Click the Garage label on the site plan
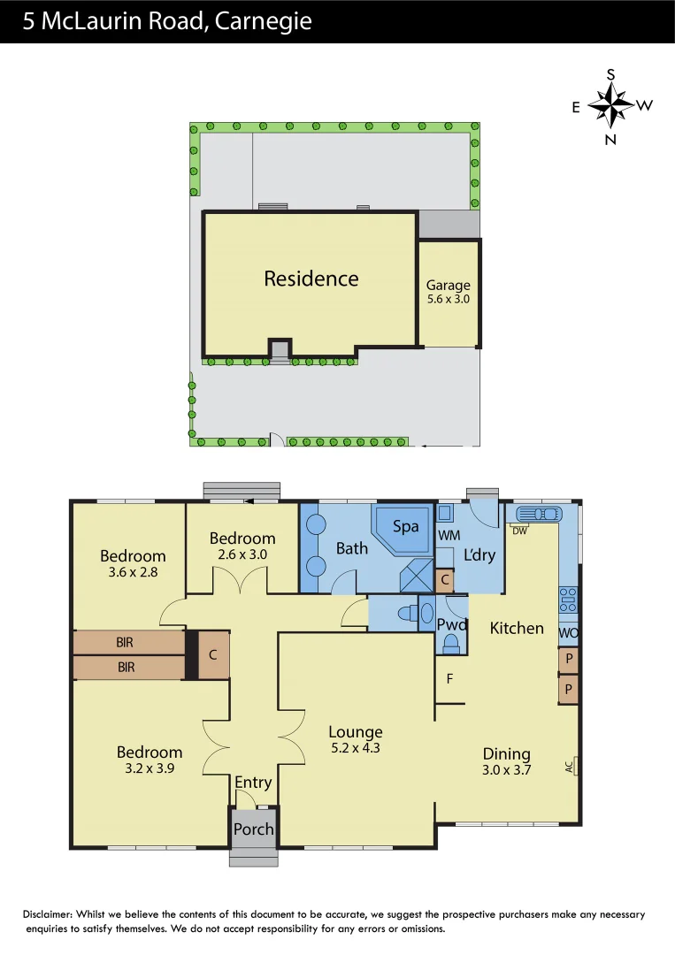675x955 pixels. tap(448, 286)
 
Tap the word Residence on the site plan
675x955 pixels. tap(311, 279)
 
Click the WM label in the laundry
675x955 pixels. tap(449, 536)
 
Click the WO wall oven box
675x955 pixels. tap(568, 633)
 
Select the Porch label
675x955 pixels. tap(254, 829)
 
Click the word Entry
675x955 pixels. tap(253, 783)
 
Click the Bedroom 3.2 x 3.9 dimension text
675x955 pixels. tap(150, 768)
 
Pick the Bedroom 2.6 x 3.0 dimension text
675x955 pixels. tap(242, 554)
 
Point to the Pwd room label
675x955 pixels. tap(452, 623)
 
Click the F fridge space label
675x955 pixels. tap(450, 680)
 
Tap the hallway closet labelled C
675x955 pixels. tap(213, 655)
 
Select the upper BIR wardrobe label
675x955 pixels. tap(126, 643)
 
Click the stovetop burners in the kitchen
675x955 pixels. tap(568, 600)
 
